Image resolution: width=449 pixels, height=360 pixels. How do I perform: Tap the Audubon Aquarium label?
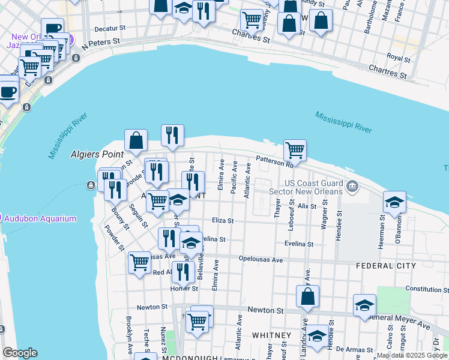point(40,218)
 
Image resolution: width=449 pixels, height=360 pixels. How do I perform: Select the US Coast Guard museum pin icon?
point(352,186)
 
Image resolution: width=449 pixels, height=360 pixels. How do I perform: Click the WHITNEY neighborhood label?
point(271,335)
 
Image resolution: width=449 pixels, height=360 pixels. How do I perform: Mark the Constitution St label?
point(427,289)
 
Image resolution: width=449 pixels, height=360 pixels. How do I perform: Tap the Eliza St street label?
point(223,221)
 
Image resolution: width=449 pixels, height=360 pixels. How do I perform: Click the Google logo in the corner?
point(20,353)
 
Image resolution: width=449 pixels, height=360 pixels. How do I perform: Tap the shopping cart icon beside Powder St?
point(139,262)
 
